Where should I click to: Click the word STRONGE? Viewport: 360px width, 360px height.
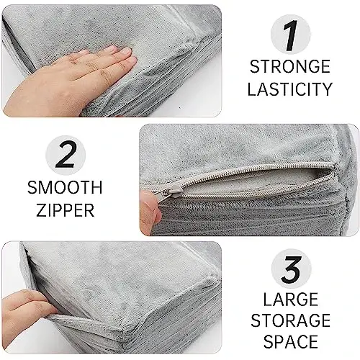(x=291, y=68)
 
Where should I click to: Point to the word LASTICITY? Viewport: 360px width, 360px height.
(x=291, y=90)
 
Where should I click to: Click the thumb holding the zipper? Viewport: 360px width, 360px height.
(x=149, y=211)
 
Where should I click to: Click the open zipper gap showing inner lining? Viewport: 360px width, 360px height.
(x=274, y=184)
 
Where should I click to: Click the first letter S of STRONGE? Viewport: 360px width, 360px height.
(x=254, y=68)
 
